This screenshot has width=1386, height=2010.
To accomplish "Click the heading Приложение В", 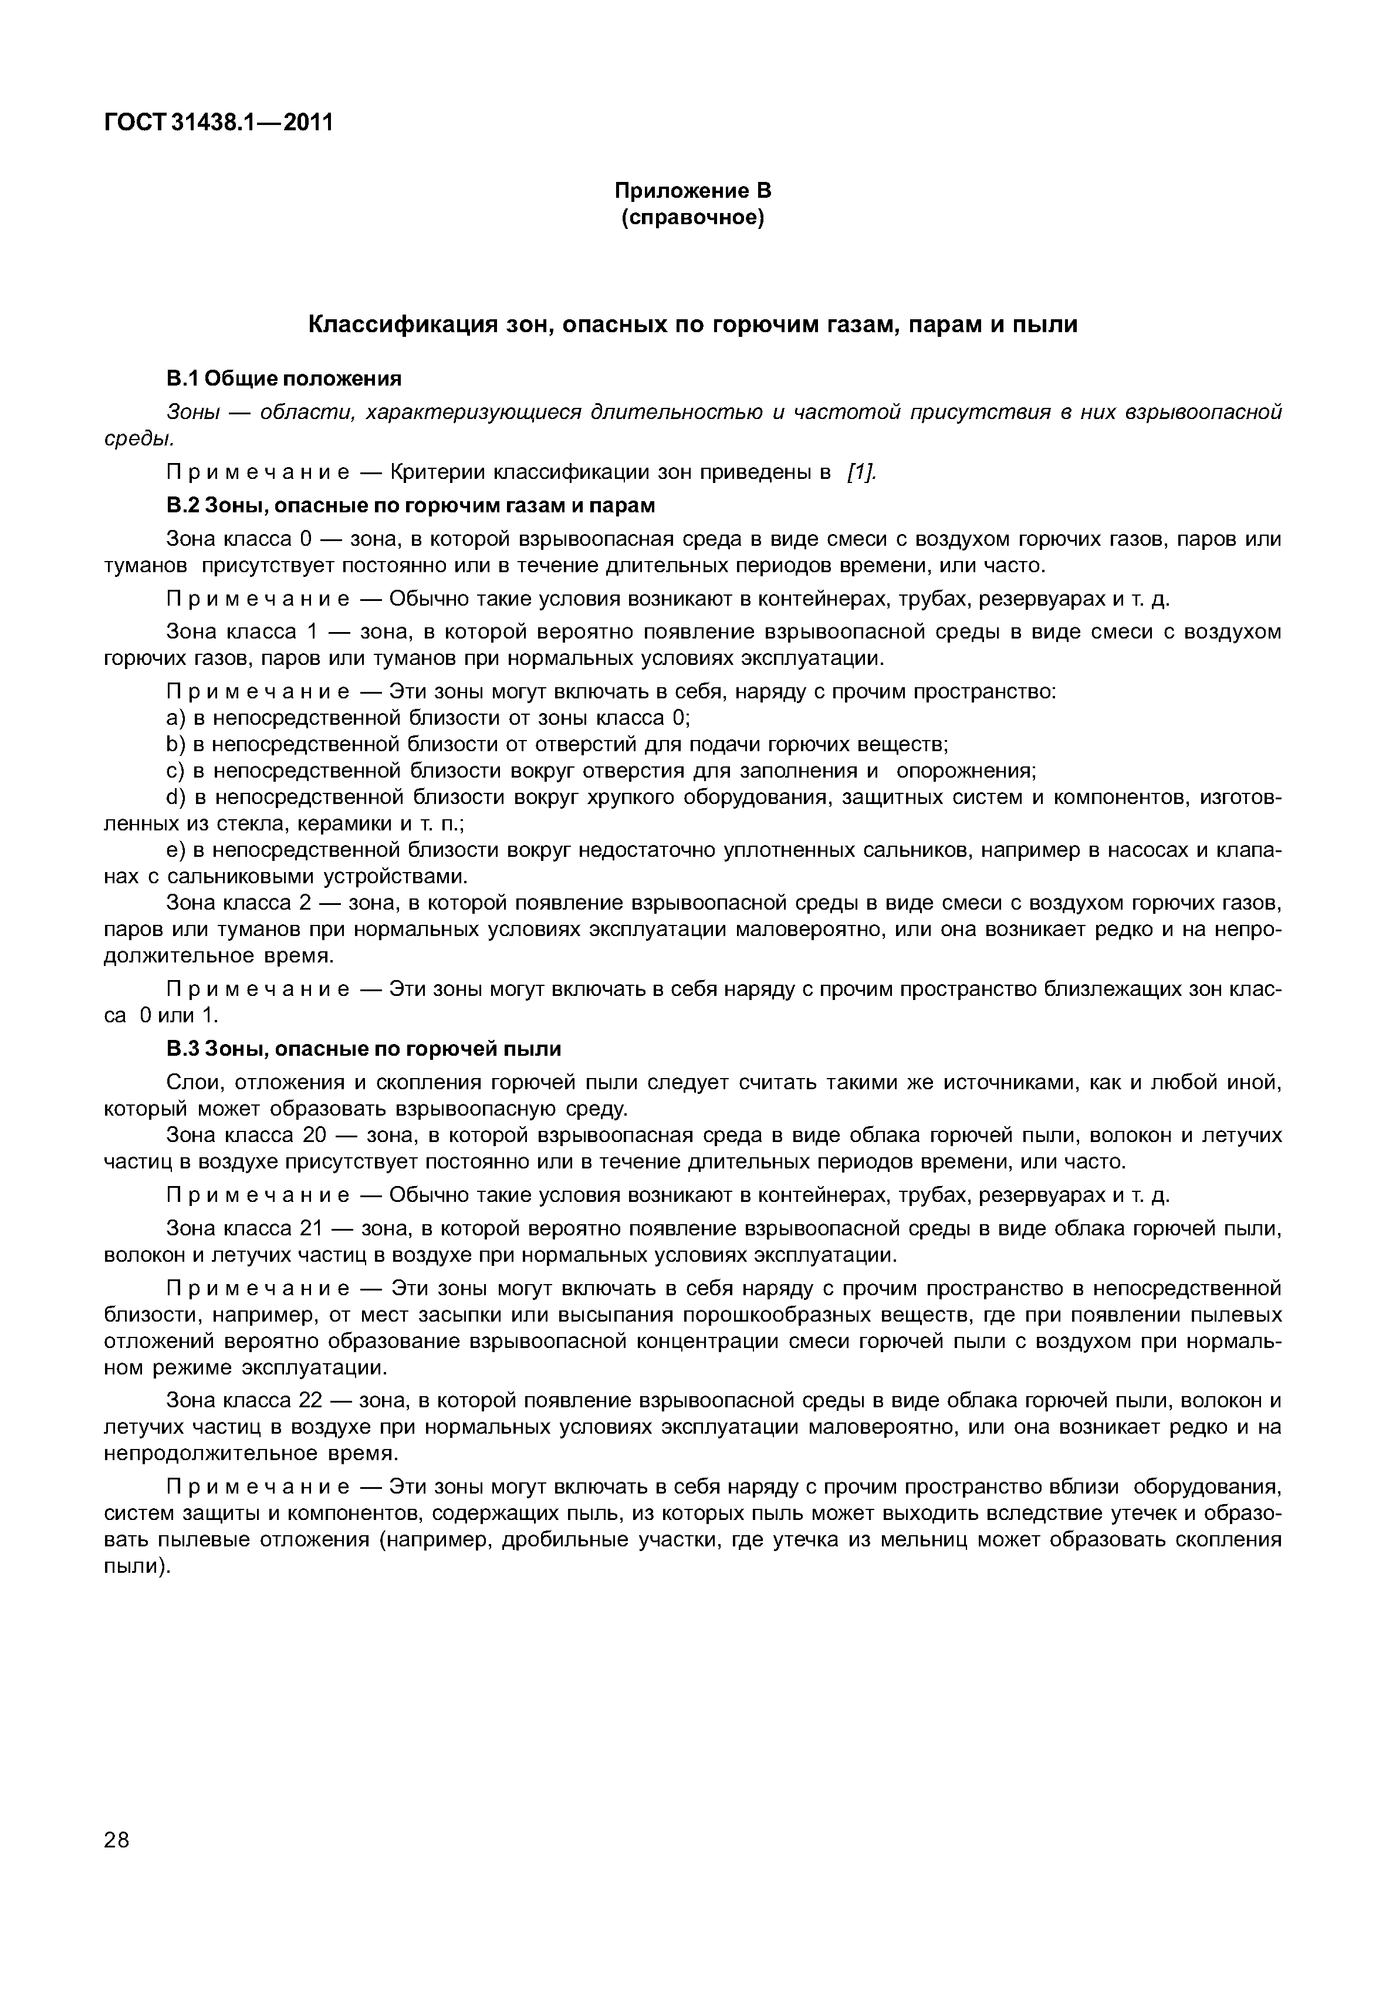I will click(692, 190).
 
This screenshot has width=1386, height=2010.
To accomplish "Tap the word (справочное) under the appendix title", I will click(692, 217).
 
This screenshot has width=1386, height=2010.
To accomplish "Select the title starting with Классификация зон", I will click(692, 325).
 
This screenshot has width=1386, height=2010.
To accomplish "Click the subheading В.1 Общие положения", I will click(284, 379).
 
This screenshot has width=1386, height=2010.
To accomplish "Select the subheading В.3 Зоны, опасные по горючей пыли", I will click(363, 1049).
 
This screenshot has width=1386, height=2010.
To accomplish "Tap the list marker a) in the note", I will click(175, 718).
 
